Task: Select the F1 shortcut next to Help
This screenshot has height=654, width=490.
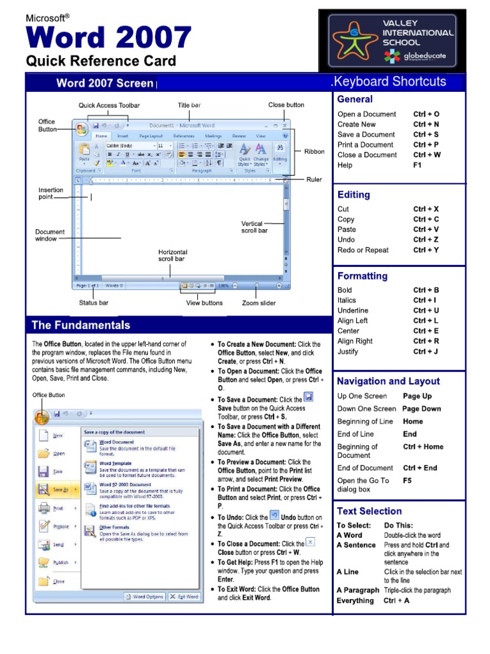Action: pyautogui.click(x=418, y=165)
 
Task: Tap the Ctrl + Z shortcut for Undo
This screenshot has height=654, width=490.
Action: pyautogui.click(x=426, y=240)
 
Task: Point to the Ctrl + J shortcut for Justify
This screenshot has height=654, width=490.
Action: pyautogui.click(x=426, y=351)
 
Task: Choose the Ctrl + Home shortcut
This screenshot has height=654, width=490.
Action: pyautogui.click(x=423, y=447)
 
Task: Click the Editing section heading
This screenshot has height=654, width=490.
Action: pyautogui.click(x=353, y=195)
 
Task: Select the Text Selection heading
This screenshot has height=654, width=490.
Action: pyautogui.click(x=369, y=511)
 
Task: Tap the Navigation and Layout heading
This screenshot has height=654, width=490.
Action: pyautogui.click(x=389, y=381)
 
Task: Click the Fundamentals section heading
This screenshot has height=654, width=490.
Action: pyautogui.click(x=81, y=325)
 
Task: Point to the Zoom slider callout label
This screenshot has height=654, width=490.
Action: pyautogui.click(x=259, y=303)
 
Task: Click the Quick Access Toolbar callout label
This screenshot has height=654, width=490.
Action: pyautogui.click(x=109, y=105)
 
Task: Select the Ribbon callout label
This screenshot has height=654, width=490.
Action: pyautogui.click(x=314, y=152)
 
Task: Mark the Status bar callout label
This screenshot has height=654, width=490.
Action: pyautogui.click(x=93, y=303)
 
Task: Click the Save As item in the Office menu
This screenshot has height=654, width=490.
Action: pyautogui.click(x=61, y=490)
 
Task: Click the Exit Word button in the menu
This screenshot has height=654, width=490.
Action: pyautogui.click(x=184, y=597)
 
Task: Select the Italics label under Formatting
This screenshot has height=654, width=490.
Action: pyautogui.click(x=347, y=300)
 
